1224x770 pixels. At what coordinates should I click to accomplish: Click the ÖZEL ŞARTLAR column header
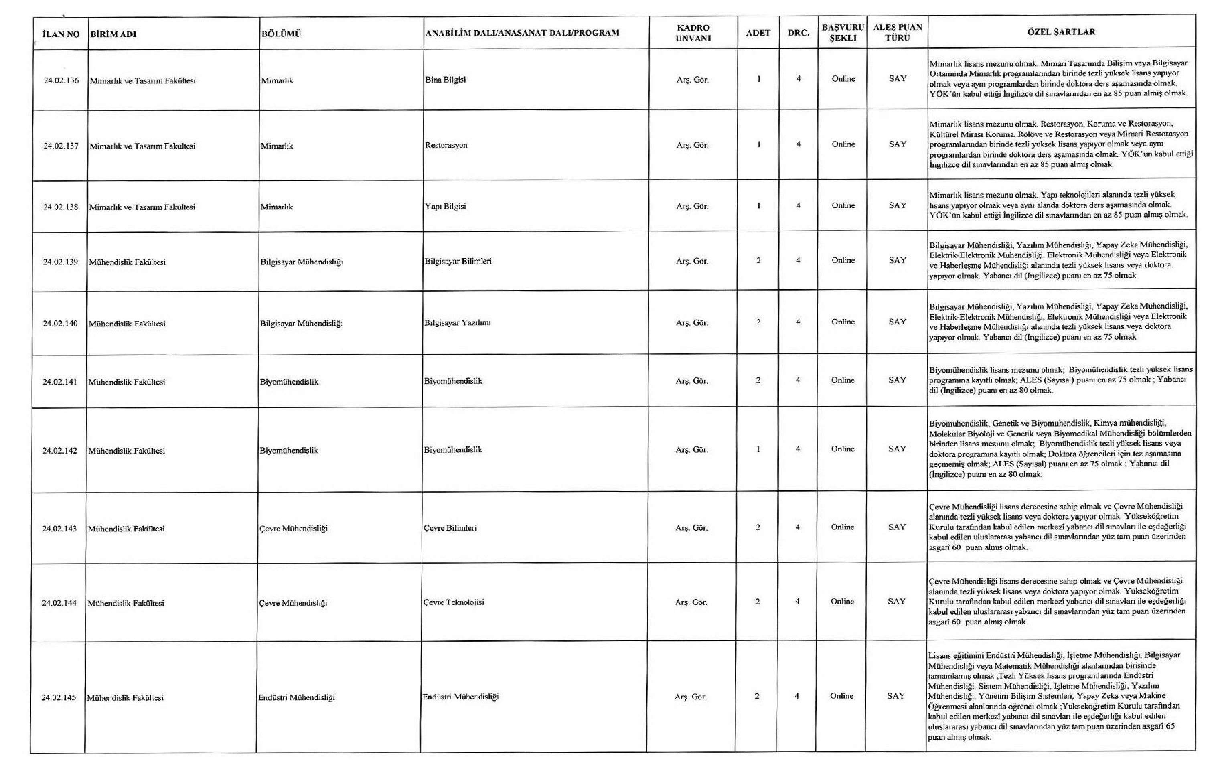pos(1061,32)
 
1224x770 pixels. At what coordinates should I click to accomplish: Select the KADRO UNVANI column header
pos(693,33)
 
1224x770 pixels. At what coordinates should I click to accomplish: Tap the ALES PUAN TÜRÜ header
pos(897,32)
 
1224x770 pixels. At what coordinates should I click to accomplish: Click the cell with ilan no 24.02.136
pos(61,80)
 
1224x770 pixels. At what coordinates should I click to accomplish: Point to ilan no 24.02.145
pos(59,698)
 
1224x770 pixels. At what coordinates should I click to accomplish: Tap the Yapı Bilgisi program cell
pos(445,207)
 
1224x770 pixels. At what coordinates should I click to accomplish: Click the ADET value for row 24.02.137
pos(758,144)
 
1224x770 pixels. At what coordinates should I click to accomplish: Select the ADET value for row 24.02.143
pos(757,527)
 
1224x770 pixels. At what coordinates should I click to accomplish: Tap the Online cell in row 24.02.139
pos(843,261)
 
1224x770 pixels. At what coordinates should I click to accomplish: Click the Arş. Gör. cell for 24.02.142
pos(691,450)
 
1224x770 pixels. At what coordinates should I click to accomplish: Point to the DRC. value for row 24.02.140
pos(798,322)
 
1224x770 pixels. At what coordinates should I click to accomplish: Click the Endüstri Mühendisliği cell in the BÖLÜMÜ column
pos(296,698)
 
